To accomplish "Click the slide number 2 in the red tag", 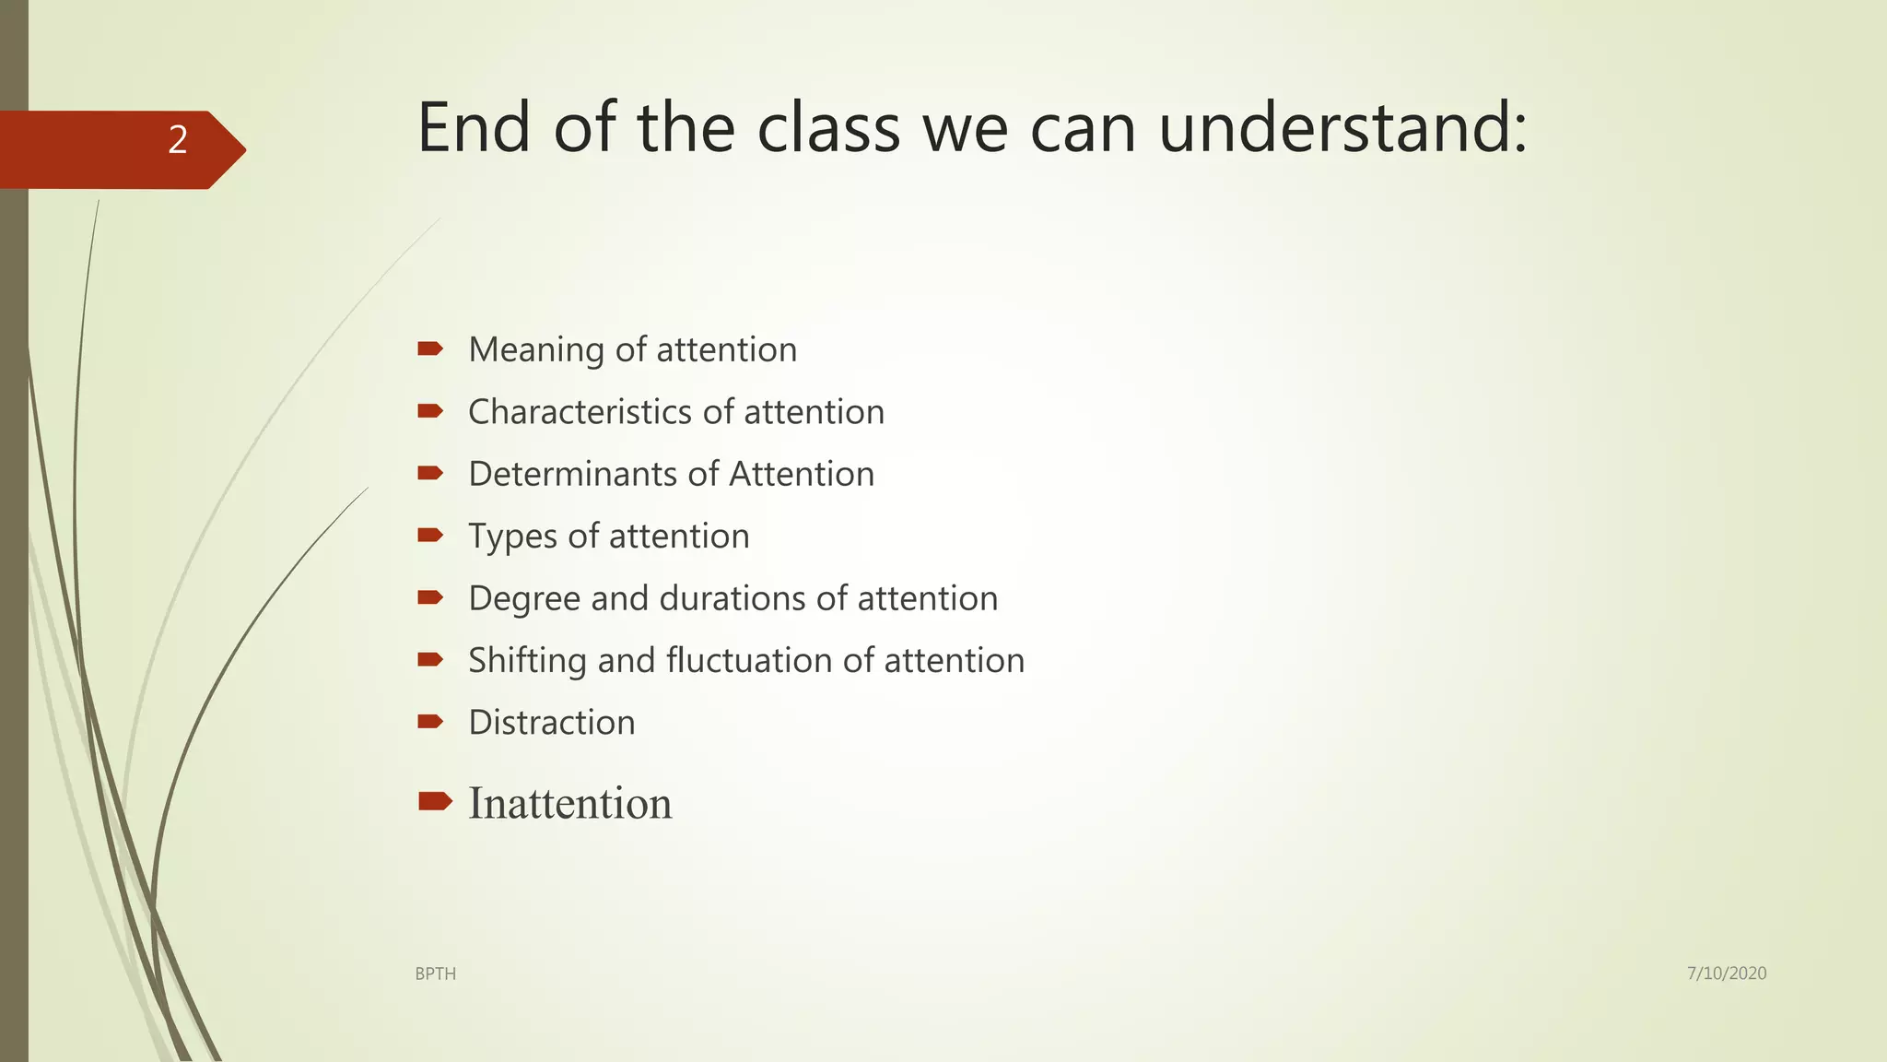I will tap(178, 140).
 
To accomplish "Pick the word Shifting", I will tap(527, 660).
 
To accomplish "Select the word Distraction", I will tap(551, 722).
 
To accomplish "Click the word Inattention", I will tap(569, 803).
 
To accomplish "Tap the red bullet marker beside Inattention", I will tap(434, 800).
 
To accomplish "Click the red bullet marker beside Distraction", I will tap(430, 721).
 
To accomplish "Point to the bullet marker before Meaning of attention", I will tap(430, 348).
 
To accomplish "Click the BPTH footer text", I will tap(435, 973).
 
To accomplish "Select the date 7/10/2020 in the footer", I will tap(1726, 973).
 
